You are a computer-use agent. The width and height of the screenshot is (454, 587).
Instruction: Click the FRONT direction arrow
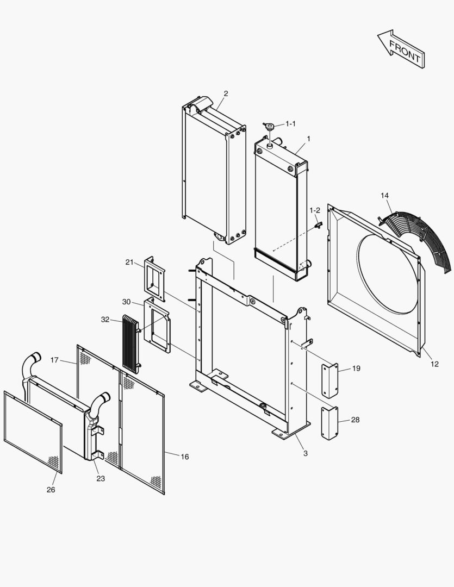(401, 48)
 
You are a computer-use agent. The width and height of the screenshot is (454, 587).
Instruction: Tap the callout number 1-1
(290, 124)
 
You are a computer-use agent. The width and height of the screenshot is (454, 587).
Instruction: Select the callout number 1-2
(315, 210)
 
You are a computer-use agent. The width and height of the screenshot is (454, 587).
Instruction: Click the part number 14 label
(384, 195)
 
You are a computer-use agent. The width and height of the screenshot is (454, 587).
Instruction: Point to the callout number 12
(434, 364)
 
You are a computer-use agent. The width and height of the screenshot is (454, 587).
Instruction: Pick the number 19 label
(356, 368)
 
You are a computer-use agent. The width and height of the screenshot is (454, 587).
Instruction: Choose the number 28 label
(355, 420)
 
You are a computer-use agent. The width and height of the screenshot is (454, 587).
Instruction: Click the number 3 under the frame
(306, 453)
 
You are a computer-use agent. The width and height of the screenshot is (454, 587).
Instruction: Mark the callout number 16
(184, 457)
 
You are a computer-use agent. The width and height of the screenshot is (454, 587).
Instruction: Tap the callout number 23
(101, 478)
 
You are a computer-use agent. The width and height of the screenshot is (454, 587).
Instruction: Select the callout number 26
(50, 489)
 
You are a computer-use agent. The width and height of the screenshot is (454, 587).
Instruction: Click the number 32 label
(105, 320)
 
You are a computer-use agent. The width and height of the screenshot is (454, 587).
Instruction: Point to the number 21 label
(129, 262)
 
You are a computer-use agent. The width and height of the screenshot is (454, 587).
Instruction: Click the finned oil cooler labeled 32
(130, 344)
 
